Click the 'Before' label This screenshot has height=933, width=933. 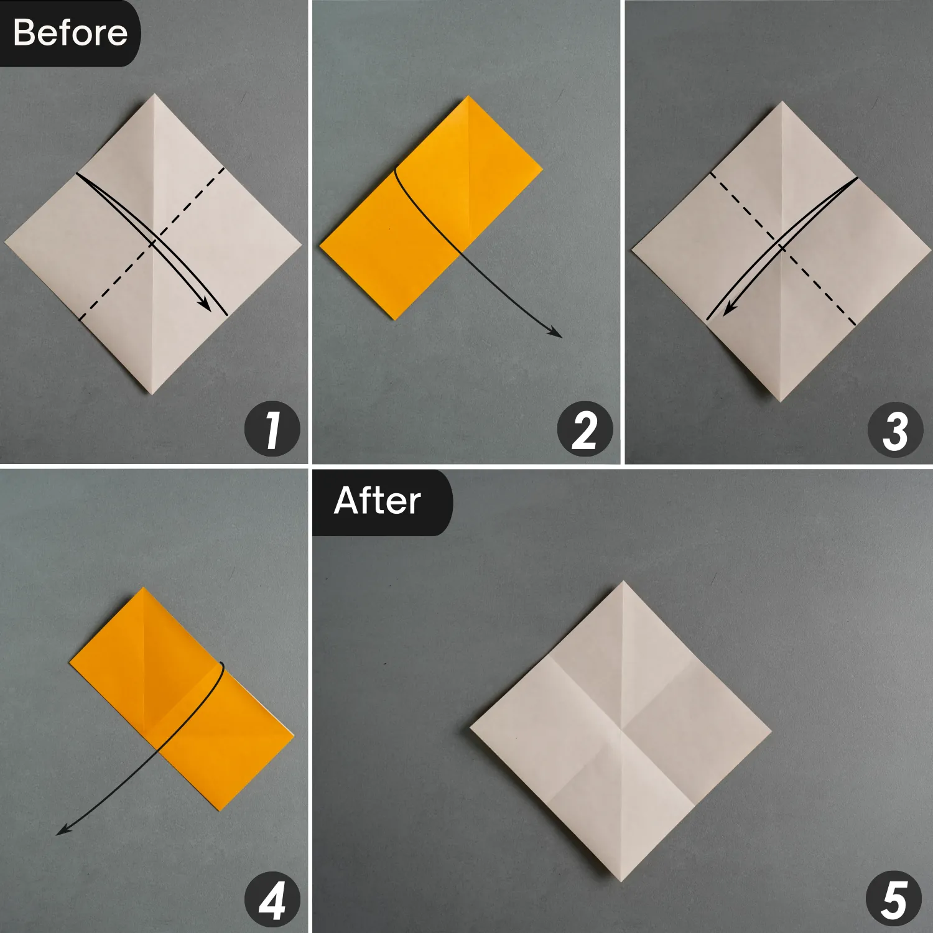pos(70,32)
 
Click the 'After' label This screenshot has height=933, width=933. pos(378,501)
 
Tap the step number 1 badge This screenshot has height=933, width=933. pos(272,430)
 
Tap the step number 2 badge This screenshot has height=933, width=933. pos(585,430)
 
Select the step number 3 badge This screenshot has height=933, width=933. pos(896,430)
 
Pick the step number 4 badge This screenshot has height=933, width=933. pos(272,900)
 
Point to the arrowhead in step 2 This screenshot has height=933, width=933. pos(557,334)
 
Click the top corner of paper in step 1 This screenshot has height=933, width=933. pos(154,95)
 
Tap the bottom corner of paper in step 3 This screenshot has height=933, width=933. pos(780,401)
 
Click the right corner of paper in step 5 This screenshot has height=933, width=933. pos(771,731)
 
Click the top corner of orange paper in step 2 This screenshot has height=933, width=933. pos(468,97)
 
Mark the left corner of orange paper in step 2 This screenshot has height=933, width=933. pos(320,246)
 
